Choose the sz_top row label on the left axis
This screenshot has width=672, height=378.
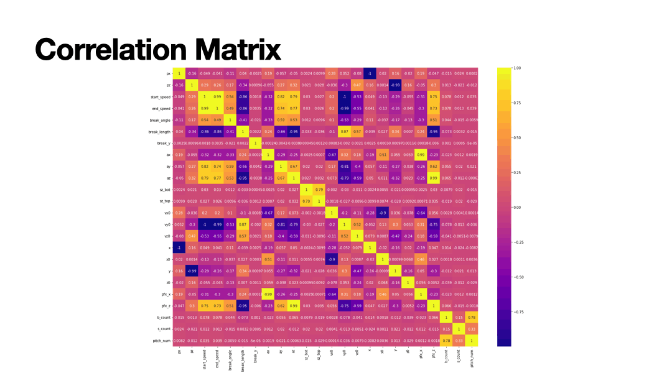pos(166,201)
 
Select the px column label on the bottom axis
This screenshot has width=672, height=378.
pos(179,351)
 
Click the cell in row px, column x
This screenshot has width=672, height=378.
pos(370,73)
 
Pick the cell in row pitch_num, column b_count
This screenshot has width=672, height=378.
pos(446,340)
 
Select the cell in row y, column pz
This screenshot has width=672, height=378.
pos(192,270)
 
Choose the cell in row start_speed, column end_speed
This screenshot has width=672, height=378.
pos(217,96)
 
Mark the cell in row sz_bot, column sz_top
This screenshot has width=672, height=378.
pos(319,190)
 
